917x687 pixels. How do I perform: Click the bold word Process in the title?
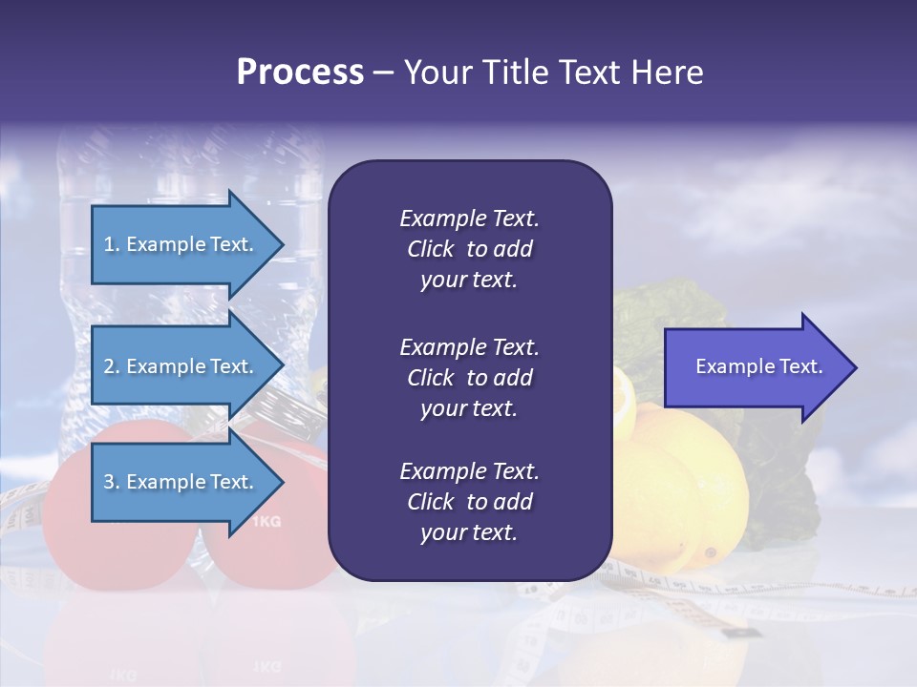pos(300,73)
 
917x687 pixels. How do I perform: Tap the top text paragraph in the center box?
pos(469,249)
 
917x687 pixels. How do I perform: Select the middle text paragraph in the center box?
pos(469,378)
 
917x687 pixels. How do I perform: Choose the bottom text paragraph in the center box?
pos(469,502)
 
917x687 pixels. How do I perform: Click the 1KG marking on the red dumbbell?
pos(267,522)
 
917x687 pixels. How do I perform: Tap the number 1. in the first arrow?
pos(112,244)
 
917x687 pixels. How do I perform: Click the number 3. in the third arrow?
pos(112,482)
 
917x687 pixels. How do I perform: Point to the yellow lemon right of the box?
pos(688,487)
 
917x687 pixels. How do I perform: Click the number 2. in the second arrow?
pos(112,366)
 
